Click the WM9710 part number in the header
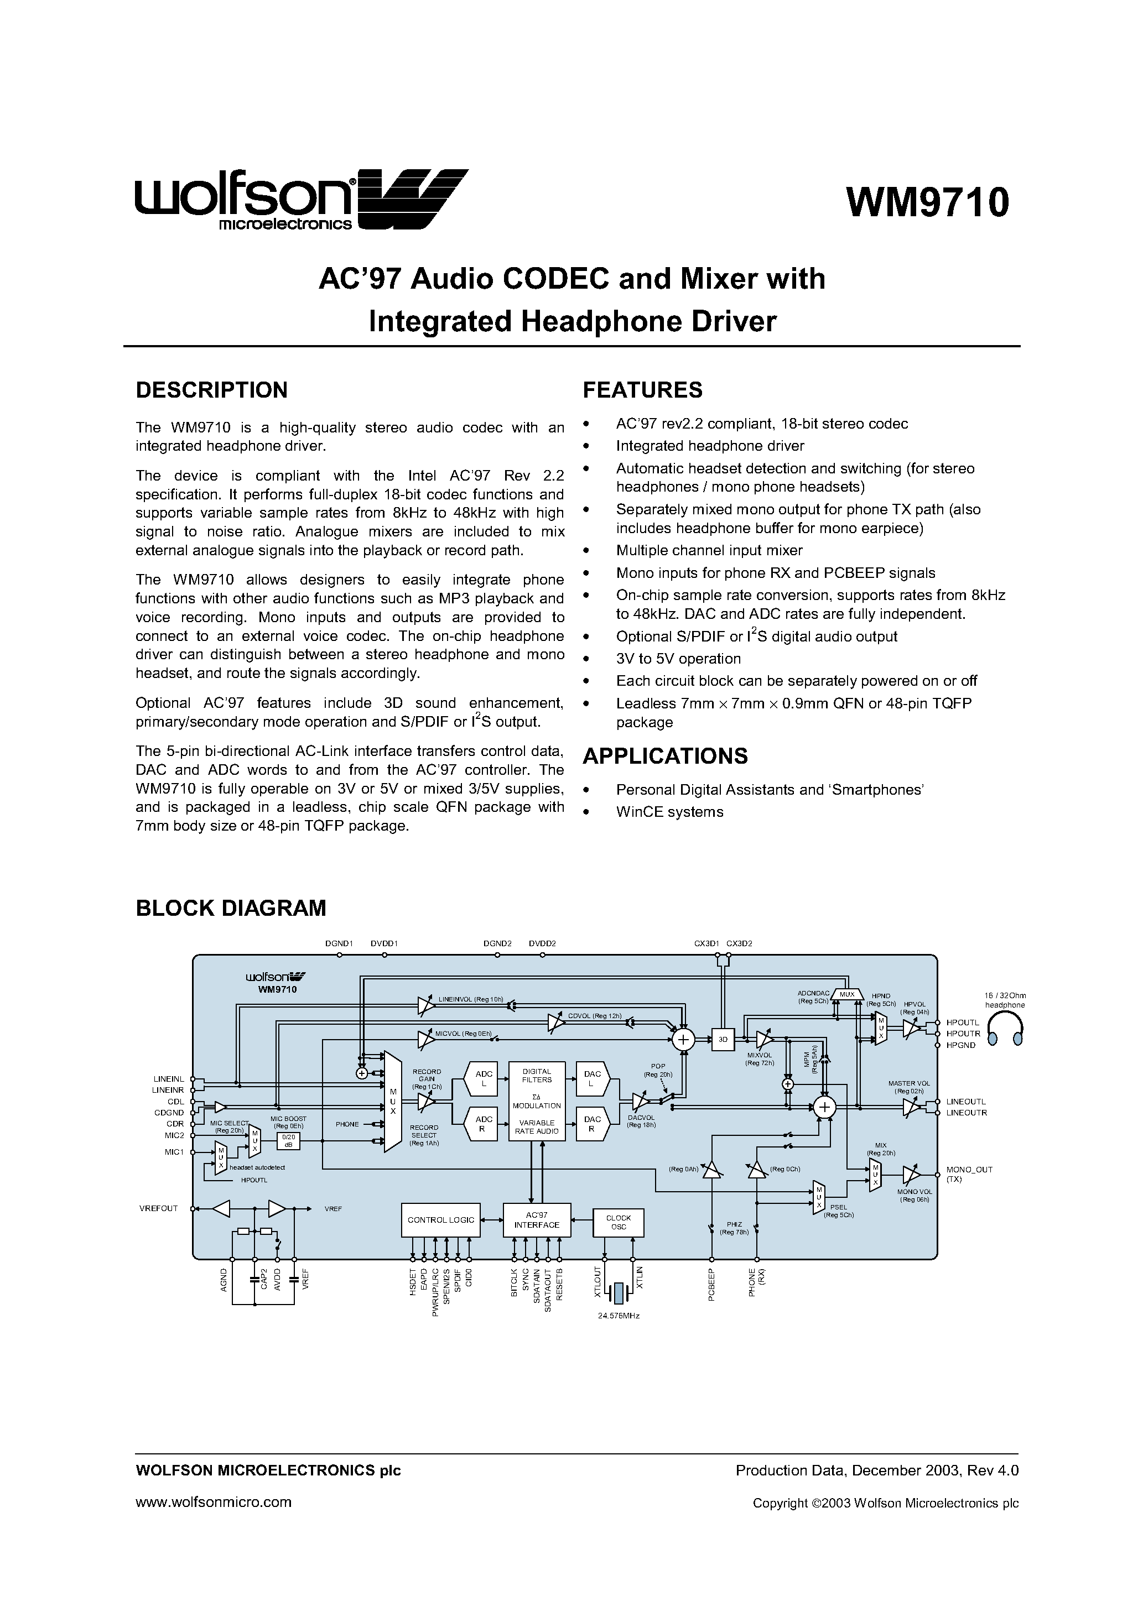tap(927, 203)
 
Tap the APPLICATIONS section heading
tap(665, 755)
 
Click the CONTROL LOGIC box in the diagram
tap(440, 1220)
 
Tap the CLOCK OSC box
tap(618, 1223)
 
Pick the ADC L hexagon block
tap(484, 1079)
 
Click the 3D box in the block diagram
tap(723, 1039)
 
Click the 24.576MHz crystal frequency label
tap(619, 1316)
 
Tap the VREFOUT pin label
tap(159, 1208)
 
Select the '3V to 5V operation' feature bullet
tap(678, 659)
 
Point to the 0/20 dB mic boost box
tap(288, 1141)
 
